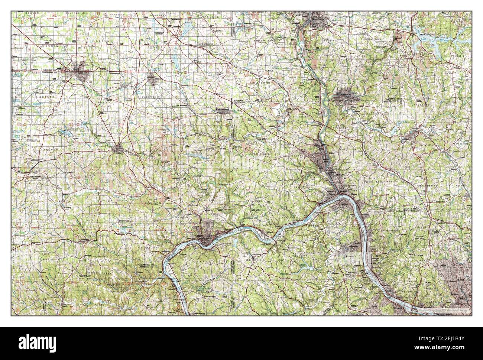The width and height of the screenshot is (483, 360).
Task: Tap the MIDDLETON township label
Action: (x=203, y=150)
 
